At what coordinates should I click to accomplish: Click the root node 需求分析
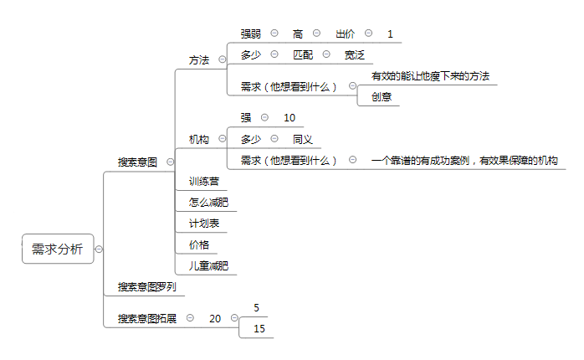point(58,249)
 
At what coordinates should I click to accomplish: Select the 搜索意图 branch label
point(137,162)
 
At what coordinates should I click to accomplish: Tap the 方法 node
point(199,60)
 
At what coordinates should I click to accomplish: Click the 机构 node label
point(199,139)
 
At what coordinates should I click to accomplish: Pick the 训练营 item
point(203,182)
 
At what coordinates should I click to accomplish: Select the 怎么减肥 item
point(208,203)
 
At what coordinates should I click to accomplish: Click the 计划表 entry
point(203,224)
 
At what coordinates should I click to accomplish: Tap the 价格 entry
point(199,244)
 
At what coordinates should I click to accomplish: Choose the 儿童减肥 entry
point(208,265)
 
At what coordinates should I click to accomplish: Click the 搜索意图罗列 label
point(147,286)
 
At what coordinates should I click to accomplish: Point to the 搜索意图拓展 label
point(147,319)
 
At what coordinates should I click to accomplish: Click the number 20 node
point(215,319)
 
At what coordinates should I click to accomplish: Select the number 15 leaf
point(259,329)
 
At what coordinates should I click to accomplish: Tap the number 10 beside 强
point(289,118)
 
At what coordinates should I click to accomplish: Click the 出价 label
point(345,34)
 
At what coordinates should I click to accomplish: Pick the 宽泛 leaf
point(354,54)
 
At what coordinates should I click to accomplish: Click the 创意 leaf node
point(382,97)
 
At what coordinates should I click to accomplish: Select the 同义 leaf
point(302,139)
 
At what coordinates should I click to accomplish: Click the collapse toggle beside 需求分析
point(99,249)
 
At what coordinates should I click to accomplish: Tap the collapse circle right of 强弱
point(274,33)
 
